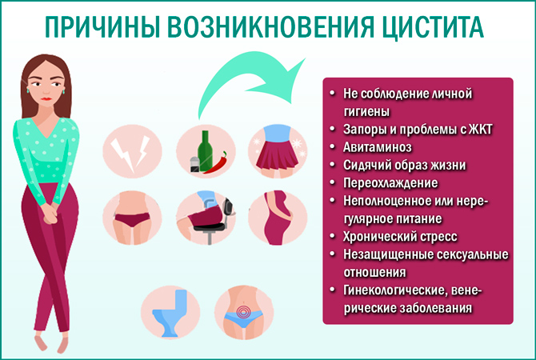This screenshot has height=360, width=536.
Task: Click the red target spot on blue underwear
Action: (x=245, y=310)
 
